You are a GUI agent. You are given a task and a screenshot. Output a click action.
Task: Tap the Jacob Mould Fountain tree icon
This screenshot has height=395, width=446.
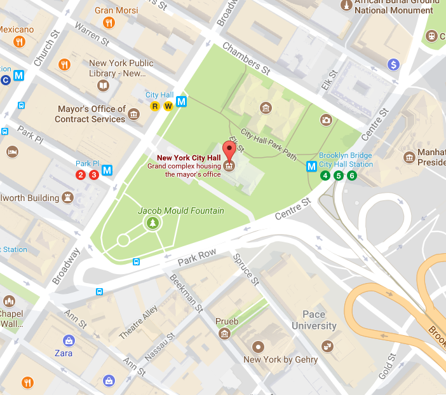(152, 223)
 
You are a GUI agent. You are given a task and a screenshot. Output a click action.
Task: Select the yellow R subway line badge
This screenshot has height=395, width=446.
(154, 106)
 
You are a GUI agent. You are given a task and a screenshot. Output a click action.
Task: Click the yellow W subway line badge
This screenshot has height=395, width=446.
(168, 106)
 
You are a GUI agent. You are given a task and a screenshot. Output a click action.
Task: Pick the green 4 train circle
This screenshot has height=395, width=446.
(325, 176)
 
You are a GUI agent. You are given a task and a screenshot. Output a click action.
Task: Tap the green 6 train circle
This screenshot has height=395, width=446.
(351, 176)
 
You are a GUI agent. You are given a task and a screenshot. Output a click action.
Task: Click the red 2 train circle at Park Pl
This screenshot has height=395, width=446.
(81, 175)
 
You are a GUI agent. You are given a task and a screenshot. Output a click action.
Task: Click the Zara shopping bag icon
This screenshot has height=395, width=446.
(67, 340)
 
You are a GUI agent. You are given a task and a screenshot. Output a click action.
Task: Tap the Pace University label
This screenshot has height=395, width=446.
(314, 320)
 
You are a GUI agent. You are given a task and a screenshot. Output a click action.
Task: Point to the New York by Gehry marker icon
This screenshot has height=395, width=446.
(257, 347)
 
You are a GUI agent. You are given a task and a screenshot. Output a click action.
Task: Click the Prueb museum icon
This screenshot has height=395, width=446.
(224, 334)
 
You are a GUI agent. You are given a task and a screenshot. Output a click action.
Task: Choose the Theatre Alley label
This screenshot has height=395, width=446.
(138, 322)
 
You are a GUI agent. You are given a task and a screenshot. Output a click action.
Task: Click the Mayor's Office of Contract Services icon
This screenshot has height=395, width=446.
(133, 114)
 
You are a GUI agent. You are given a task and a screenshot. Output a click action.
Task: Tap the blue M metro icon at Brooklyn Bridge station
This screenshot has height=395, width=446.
(312, 167)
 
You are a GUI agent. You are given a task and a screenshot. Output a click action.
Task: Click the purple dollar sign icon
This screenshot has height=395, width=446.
(394, 64)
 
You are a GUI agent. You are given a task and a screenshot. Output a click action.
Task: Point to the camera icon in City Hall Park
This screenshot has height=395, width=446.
(325, 120)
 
